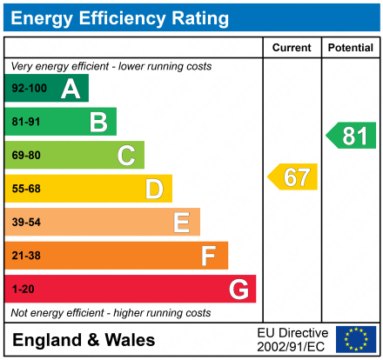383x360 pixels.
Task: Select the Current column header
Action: [x=292, y=48]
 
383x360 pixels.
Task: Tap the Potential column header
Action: [x=350, y=48]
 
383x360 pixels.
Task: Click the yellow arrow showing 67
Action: [x=293, y=177]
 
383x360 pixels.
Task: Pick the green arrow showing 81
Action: [x=352, y=136]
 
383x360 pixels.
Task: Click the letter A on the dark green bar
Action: [x=71, y=89]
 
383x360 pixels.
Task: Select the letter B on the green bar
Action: [x=98, y=122]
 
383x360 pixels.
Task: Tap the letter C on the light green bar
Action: [x=126, y=156]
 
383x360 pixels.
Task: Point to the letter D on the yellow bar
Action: [x=154, y=189]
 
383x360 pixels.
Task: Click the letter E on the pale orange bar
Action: [x=181, y=223]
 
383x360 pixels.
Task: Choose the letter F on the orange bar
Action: [x=209, y=256]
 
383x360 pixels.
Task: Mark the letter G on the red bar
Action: [x=238, y=289]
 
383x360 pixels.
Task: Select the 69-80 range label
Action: [x=26, y=156]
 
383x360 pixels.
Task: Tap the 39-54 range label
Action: [x=26, y=223]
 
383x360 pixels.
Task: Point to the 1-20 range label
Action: [x=23, y=289]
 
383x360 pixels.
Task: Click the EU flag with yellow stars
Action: [x=355, y=339]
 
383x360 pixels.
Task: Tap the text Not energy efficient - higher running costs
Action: [x=111, y=312]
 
